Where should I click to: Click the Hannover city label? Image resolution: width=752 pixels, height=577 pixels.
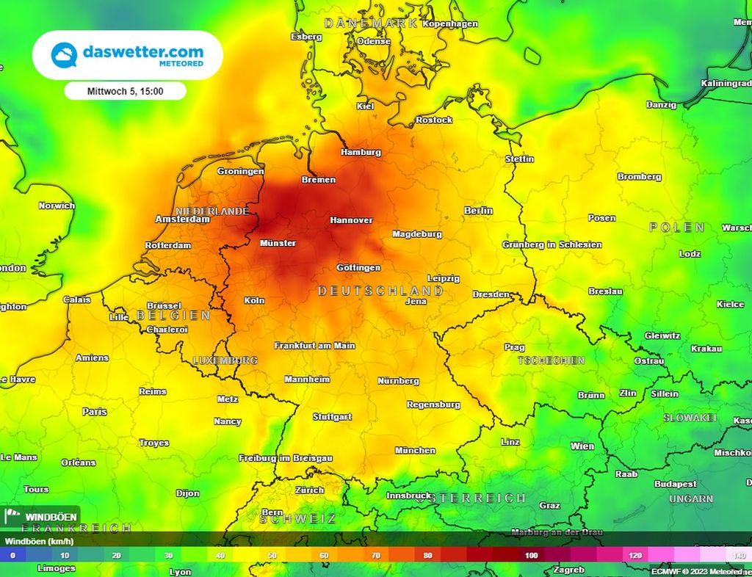tap(351, 220)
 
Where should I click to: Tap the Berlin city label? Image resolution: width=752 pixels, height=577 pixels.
tap(478, 211)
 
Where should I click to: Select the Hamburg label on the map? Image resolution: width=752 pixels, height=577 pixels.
tap(361, 153)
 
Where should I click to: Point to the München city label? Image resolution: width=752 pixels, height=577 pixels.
tap(415, 451)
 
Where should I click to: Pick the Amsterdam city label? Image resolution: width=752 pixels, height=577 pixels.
tap(182, 219)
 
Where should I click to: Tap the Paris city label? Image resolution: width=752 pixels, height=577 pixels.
tap(95, 412)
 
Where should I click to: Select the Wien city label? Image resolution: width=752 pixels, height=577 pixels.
tap(582, 446)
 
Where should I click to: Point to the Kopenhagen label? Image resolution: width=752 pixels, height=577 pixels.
tap(450, 24)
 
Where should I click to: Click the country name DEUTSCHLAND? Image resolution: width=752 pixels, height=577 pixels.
tap(380, 291)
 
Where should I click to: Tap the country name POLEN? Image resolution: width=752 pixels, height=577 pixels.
tap(677, 228)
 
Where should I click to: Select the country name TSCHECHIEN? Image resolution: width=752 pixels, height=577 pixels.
tap(552, 360)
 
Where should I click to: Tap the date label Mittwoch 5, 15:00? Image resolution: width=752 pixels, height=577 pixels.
tap(125, 92)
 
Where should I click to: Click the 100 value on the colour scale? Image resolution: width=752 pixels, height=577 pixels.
tap(531, 556)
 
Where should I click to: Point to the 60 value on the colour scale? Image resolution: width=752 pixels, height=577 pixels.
tap(324, 556)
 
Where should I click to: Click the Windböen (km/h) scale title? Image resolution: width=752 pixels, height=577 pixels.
tap(40, 542)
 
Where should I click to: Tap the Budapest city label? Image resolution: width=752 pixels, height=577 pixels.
tap(675, 485)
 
